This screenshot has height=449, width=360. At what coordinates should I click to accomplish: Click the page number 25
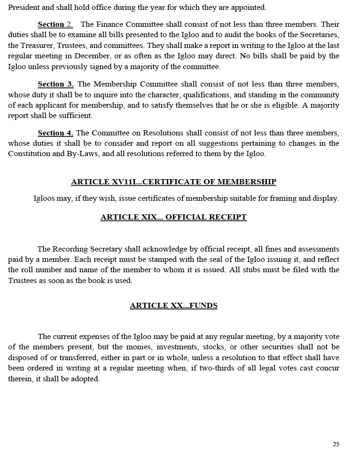click(x=336, y=444)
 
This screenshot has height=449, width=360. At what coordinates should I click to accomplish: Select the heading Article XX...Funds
click(x=173, y=306)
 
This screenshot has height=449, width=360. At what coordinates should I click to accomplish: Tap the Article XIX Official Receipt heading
click(x=173, y=217)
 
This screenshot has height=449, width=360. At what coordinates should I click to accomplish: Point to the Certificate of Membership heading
click(x=173, y=182)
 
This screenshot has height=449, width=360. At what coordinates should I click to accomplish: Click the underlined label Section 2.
click(x=55, y=24)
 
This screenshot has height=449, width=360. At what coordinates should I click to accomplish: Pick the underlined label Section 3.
click(x=55, y=84)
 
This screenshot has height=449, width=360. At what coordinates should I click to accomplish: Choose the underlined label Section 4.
click(x=55, y=133)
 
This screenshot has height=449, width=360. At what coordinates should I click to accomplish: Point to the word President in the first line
click(x=25, y=8)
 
